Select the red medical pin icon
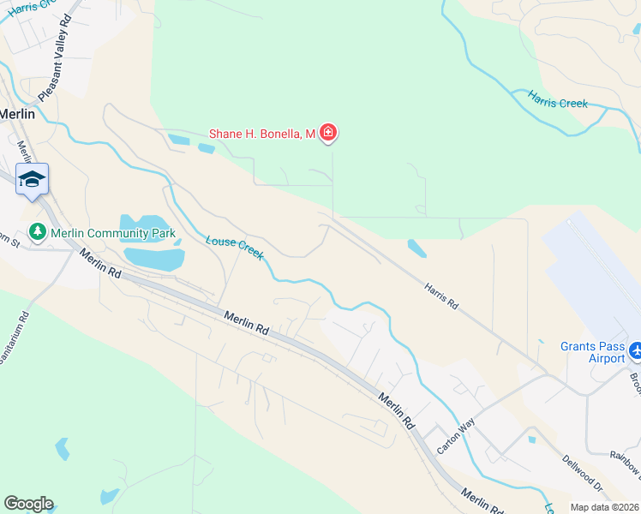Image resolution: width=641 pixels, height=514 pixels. coord(327,132)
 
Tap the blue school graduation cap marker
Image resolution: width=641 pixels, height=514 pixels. coord(32,179)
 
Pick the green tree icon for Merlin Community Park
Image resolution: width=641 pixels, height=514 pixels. coord(38,231)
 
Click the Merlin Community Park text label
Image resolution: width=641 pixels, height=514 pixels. coord(112,233)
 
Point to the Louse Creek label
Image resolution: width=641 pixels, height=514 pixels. coord(234,248)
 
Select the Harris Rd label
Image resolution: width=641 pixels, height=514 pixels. coord(440,297)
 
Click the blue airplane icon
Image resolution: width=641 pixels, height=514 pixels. coord(636,351)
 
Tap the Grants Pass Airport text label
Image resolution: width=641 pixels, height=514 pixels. coord(593,352)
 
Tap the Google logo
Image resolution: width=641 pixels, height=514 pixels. coord(28,504)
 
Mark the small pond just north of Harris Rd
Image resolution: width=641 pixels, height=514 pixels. coord(416,248)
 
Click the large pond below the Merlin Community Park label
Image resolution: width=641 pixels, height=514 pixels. coord(154,258)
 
